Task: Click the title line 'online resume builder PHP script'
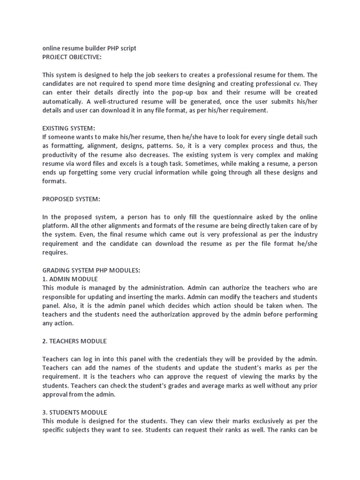click(89, 48)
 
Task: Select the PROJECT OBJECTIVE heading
click(72, 57)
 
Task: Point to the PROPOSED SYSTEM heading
click(71, 199)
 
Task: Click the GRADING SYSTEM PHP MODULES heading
click(91, 270)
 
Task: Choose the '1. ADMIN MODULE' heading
click(70, 279)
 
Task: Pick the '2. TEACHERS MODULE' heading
click(75, 341)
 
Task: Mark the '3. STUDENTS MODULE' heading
click(75, 412)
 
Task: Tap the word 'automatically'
click(64, 102)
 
